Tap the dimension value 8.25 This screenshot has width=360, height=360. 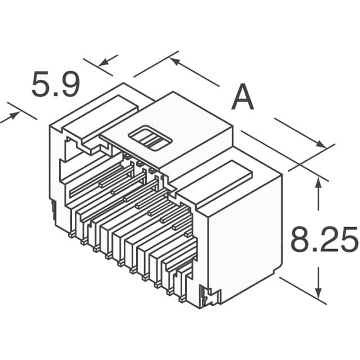[324, 240]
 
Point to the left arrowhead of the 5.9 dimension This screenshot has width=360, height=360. [12, 115]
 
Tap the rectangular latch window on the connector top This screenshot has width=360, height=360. [150, 138]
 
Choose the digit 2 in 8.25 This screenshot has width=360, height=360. [327, 240]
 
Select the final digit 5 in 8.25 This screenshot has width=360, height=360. [349, 240]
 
